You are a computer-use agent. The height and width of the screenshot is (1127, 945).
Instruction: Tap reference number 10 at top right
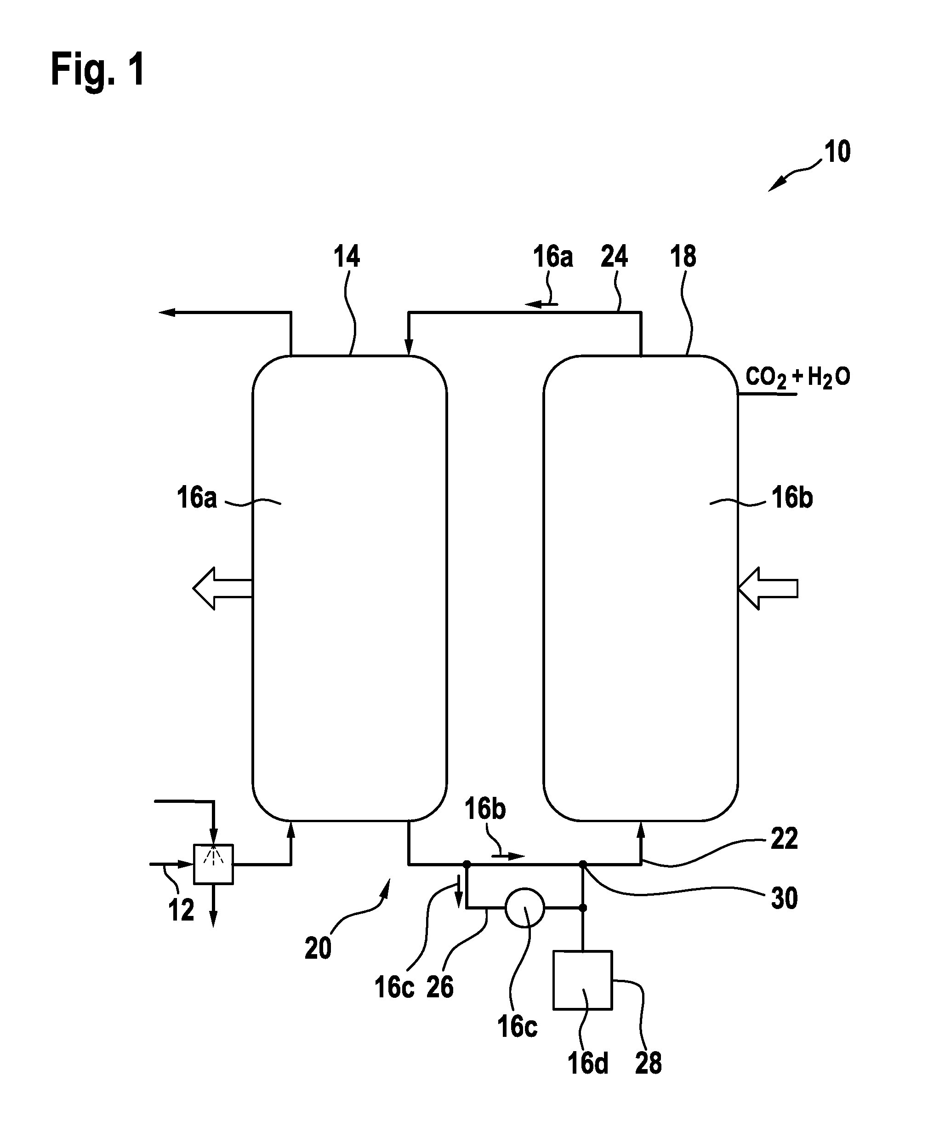(x=837, y=152)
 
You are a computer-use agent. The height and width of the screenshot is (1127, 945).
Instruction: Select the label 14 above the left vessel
(x=347, y=257)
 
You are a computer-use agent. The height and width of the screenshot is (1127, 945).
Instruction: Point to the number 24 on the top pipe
(x=614, y=257)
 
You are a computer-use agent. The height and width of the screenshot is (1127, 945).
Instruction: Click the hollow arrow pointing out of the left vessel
(x=222, y=589)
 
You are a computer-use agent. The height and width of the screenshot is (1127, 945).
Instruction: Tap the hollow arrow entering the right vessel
(x=768, y=589)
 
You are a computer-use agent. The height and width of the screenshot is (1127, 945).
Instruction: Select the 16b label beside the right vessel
(x=792, y=498)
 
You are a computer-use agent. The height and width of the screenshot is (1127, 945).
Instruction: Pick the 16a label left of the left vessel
(x=197, y=498)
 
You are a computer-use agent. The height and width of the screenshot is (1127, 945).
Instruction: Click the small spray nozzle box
(x=213, y=864)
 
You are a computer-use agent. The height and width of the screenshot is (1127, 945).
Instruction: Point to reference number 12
(x=181, y=911)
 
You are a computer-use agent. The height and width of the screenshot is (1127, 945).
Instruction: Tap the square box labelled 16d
(x=582, y=980)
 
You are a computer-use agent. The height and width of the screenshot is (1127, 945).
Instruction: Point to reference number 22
(x=784, y=839)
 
